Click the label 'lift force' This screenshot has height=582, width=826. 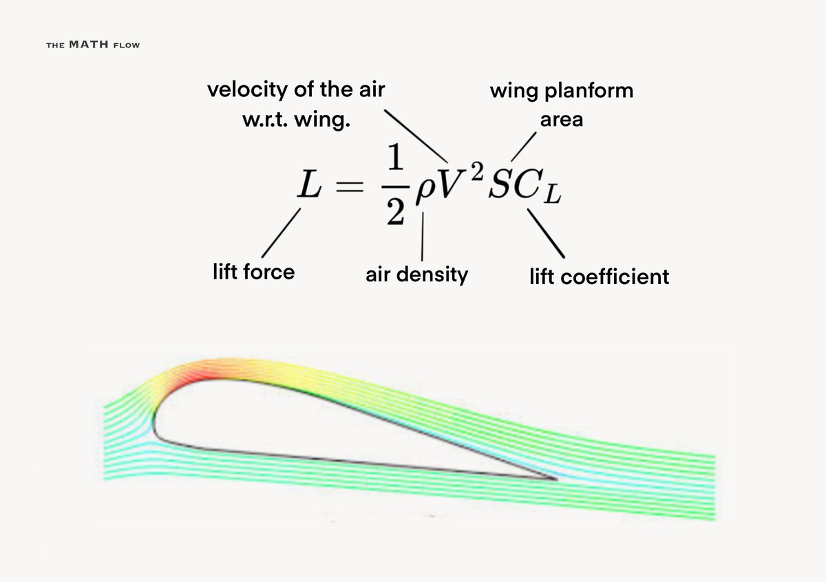253,272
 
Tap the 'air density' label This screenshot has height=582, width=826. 416,274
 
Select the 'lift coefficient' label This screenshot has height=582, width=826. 599,277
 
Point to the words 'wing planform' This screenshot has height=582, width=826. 561,90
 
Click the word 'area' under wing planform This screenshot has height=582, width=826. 561,119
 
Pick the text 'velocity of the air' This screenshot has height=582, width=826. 296,89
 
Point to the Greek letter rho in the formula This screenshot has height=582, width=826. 422,195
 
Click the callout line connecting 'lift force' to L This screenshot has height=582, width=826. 282,234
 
